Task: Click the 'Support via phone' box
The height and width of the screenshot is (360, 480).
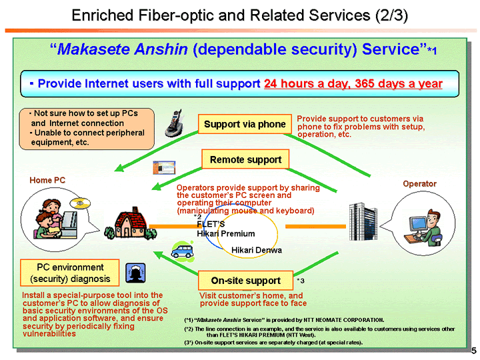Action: click(x=245, y=124)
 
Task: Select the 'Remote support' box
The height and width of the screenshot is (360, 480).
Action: click(x=245, y=159)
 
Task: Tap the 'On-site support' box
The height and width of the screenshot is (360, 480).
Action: click(x=245, y=280)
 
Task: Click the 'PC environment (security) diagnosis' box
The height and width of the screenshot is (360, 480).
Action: click(x=70, y=273)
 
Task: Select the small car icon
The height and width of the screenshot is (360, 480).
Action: click(x=181, y=250)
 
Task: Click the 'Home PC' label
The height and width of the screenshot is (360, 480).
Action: click(x=47, y=181)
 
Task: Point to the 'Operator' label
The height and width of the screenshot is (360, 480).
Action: click(x=420, y=183)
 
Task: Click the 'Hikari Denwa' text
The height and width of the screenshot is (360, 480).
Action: click(x=257, y=250)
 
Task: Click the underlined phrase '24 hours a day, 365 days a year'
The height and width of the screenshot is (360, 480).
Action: click(x=353, y=84)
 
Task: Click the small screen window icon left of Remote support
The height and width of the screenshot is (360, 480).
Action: click(x=170, y=167)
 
